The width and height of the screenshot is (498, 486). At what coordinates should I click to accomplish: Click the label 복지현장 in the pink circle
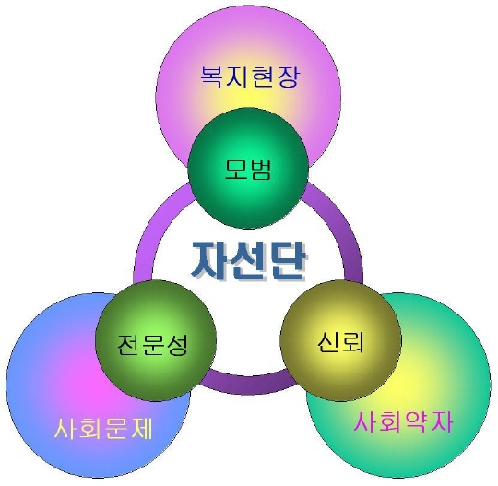click(x=250, y=77)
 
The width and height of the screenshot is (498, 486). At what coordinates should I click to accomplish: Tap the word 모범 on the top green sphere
click(x=248, y=170)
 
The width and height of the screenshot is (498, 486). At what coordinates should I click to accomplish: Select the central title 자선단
click(x=249, y=261)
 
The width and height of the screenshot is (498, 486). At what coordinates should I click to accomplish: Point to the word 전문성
click(x=153, y=344)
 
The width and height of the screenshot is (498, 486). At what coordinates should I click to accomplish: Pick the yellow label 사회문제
click(x=103, y=429)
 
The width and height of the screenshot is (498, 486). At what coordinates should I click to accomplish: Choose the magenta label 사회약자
click(x=403, y=421)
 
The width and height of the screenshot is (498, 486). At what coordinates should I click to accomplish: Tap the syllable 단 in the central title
click(x=289, y=261)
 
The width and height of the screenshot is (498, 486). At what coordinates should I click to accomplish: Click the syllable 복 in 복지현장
click(x=212, y=77)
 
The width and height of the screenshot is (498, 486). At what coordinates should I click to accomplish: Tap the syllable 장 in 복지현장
click(x=289, y=77)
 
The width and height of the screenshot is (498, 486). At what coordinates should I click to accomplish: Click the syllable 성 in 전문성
click(x=177, y=344)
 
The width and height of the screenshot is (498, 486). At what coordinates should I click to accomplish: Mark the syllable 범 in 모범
click(x=260, y=170)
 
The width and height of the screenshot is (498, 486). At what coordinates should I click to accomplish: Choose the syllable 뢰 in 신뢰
click(x=353, y=342)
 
